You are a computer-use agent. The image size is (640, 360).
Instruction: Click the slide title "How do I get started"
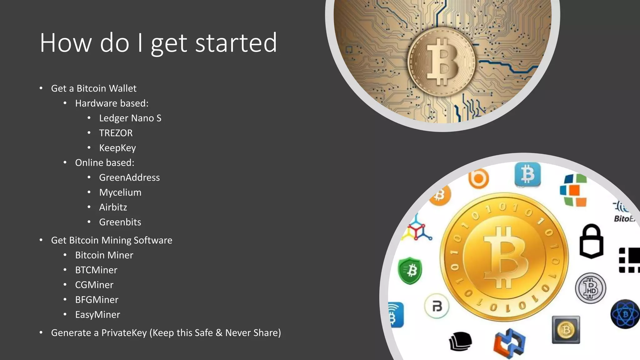point(158,43)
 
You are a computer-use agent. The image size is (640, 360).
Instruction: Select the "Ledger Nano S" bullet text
point(130,118)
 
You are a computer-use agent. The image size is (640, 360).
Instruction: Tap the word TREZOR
point(116,133)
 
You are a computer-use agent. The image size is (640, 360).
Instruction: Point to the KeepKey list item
point(117,148)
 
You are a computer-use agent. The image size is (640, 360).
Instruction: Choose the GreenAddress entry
point(129,177)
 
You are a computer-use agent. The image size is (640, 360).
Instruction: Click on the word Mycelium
point(120,192)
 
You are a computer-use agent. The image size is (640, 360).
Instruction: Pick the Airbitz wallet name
point(113,207)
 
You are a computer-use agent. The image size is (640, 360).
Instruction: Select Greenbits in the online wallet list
point(120,222)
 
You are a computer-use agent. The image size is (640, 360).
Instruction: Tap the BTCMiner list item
point(96,270)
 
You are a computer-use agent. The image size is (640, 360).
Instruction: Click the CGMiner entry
point(94,285)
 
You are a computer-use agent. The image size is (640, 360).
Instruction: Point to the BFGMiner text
point(97,300)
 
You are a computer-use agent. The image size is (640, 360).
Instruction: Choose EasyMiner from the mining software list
point(97,315)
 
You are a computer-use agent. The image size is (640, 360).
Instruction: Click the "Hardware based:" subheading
point(112,103)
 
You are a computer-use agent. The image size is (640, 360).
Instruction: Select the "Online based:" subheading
point(104,163)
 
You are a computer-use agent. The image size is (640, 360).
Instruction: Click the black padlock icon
point(591,241)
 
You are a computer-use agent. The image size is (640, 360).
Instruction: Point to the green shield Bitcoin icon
point(410,270)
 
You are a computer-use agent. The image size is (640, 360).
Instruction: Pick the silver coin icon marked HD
point(590,288)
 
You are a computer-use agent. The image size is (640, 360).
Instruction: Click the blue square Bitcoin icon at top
point(527,174)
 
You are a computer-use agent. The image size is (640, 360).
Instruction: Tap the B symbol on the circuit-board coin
point(442,61)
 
